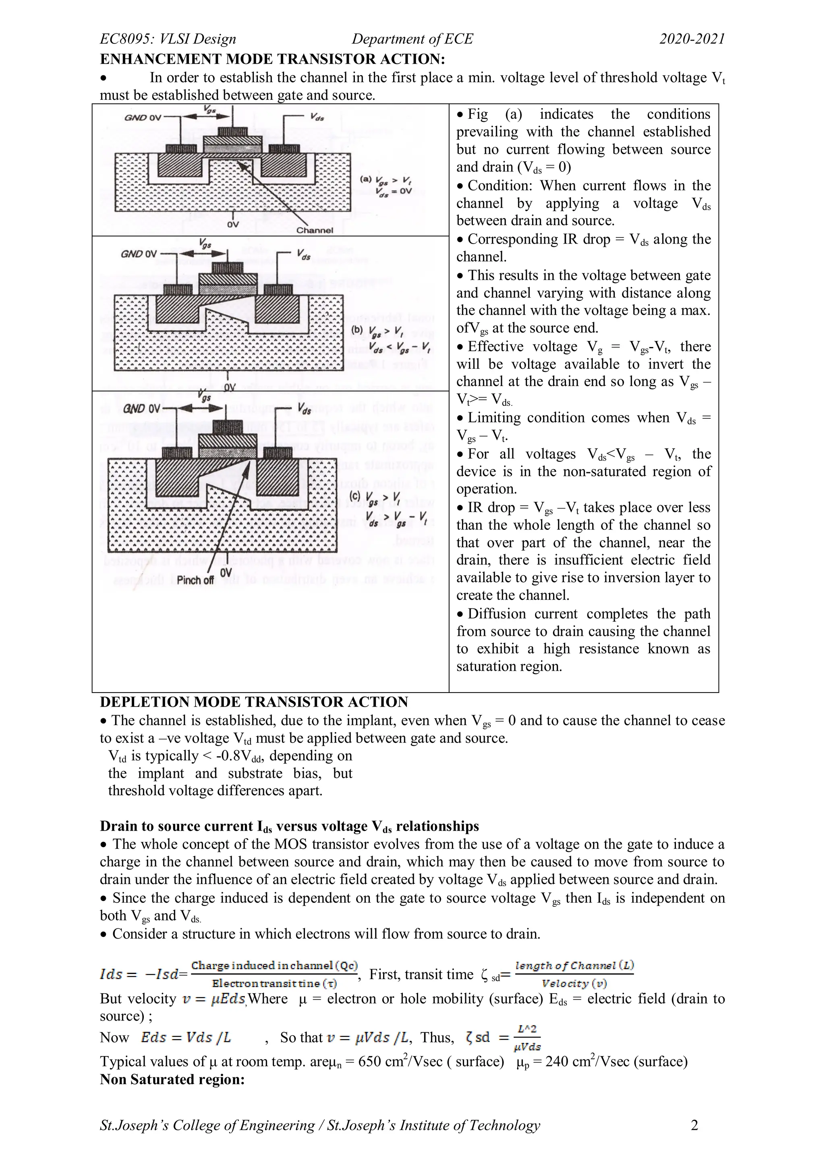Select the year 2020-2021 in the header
[x=692, y=39]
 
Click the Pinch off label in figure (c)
[x=195, y=580]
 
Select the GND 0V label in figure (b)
[x=139, y=253]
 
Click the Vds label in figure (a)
[x=317, y=117]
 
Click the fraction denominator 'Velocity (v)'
[x=574, y=984]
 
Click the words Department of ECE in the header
[x=412, y=39]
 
